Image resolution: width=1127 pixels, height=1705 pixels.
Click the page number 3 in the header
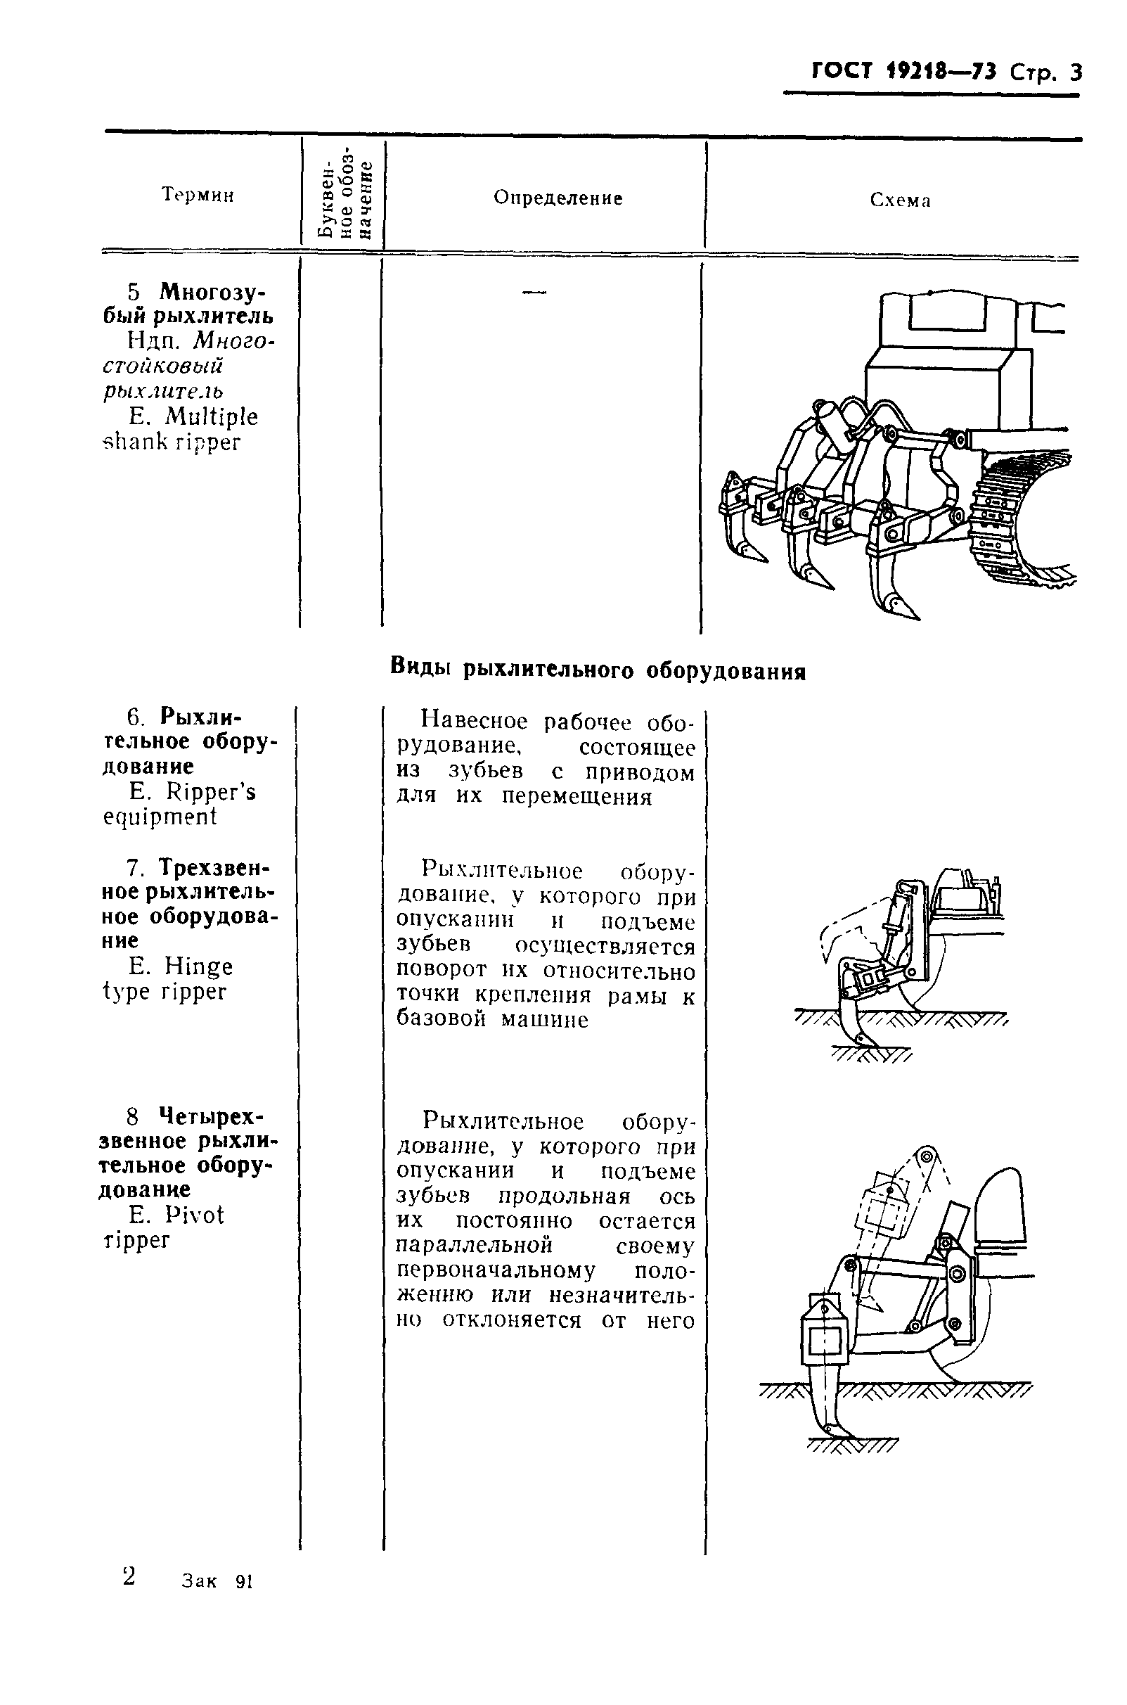tap(1074, 73)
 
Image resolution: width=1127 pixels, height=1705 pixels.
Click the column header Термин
tap(198, 195)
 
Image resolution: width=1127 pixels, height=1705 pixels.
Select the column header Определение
tap(558, 198)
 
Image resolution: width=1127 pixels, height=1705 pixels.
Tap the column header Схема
tap(900, 200)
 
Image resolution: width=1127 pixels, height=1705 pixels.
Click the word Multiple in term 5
tap(211, 417)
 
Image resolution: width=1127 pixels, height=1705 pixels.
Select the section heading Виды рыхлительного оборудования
tap(598, 670)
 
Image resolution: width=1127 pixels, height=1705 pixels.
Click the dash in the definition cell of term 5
tap(534, 292)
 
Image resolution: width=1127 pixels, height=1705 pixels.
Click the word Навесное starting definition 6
tap(475, 720)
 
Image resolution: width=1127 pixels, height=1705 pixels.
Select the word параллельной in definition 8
tap(474, 1245)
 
